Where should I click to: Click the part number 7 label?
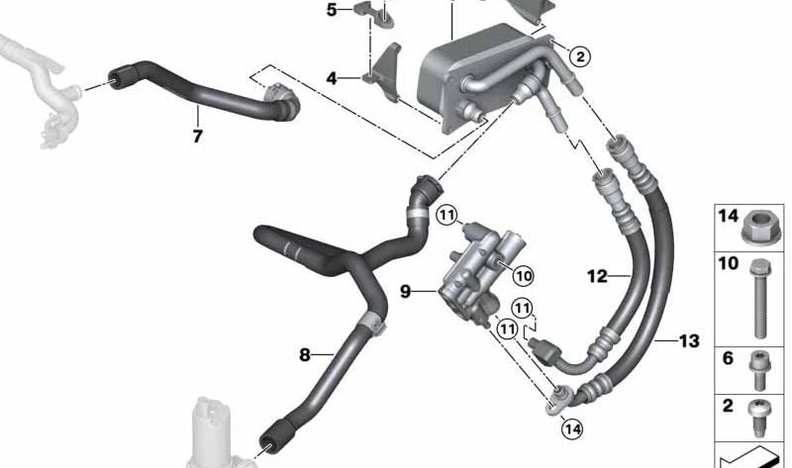coord(197,137)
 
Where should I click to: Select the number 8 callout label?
coord(305,353)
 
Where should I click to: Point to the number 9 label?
coord(405,292)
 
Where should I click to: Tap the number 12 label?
coord(597,277)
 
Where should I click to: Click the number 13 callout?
coord(689,341)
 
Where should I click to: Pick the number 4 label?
coord(331,77)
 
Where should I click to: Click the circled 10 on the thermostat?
coord(523,274)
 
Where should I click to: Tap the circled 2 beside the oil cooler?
coord(580,57)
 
